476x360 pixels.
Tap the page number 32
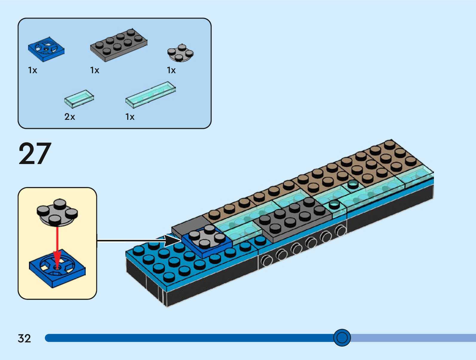pyautogui.click(x=24, y=338)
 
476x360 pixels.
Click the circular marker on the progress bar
pyautogui.click(x=342, y=338)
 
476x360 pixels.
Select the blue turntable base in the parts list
pyautogui.click(x=46, y=50)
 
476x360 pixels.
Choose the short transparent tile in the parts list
pyautogui.click(x=79, y=99)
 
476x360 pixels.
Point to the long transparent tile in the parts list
pyautogui.click(x=151, y=94)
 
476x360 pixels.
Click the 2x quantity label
pyautogui.click(x=70, y=117)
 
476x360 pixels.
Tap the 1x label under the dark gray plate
pyautogui.click(x=95, y=70)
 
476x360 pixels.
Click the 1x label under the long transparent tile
pyautogui.click(x=130, y=117)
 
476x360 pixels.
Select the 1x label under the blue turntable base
pyautogui.click(x=33, y=70)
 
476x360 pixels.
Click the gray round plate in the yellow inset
pyautogui.click(x=57, y=212)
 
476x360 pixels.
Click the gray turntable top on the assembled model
pyautogui.click(x=207, y=238)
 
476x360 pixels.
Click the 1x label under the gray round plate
pyautogui.click(x=171, y=70)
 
